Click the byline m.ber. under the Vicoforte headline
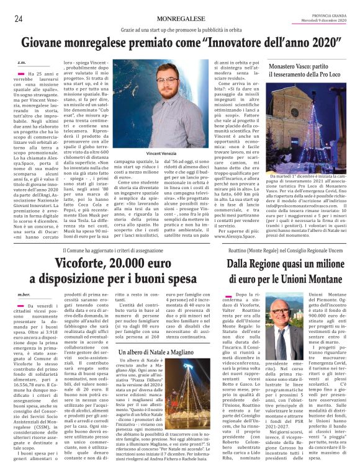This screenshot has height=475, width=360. click(24, 293)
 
